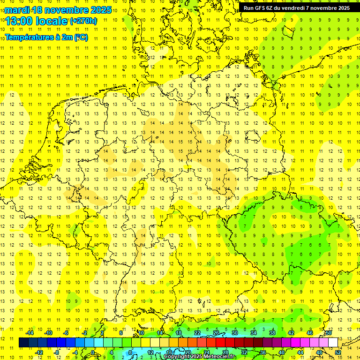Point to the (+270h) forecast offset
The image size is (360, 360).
(x=83, y=21)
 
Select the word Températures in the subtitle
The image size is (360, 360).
(x=30, y=37)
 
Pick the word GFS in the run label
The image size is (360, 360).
(x=260, y=7)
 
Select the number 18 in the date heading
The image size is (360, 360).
(x=37, y=10)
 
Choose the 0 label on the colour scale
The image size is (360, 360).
(x=92, y=352)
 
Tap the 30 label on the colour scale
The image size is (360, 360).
(x=235, y=333)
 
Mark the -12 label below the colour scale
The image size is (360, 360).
(x=39, y=352)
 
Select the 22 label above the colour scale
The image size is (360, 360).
(x=197, y=333)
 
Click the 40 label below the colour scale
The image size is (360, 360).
(x=282, y=352)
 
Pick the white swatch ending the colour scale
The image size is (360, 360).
(x=333, y=343)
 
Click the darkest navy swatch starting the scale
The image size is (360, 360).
(x=23, y=343)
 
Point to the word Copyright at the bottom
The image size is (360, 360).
(x=178, y=357)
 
